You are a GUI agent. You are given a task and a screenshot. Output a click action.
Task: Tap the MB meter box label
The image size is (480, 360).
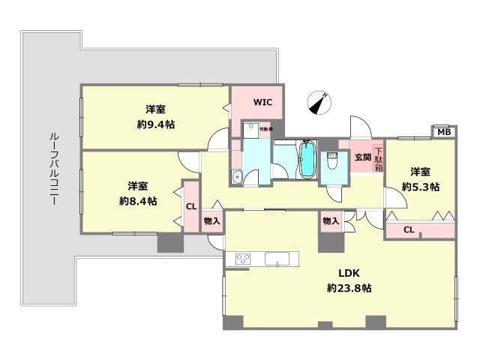click(444, 133)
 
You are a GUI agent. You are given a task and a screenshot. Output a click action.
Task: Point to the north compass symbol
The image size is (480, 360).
click(320, 102)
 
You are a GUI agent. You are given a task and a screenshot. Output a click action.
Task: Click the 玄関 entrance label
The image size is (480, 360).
click(362, 157)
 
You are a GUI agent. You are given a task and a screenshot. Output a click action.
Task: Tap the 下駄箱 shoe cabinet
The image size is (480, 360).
click(379, 159)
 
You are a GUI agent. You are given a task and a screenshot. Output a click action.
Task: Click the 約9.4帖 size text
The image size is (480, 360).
click(156, 124)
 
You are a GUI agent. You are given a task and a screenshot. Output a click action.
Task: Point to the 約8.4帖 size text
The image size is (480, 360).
click(137, 201)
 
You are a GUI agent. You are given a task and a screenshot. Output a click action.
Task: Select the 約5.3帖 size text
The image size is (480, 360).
click(420, 186)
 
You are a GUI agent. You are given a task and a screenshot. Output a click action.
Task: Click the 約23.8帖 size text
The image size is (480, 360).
click(349, 287)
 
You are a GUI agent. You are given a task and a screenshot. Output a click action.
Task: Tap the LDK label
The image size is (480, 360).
click(349, 274)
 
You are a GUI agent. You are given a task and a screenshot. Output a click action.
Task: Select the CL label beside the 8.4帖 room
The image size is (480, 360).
click(190, 205)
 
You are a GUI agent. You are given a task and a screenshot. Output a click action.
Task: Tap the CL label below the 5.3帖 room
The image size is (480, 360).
click(409, 229)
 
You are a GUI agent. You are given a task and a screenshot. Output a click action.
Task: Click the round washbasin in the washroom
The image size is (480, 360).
click(236, 177)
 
